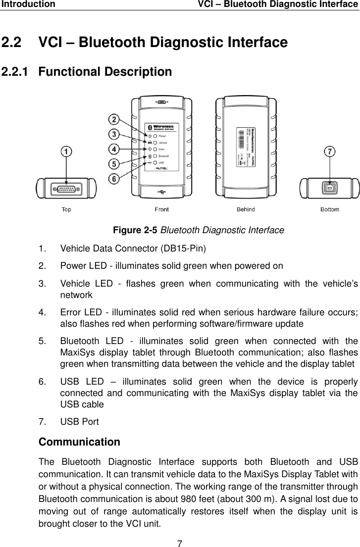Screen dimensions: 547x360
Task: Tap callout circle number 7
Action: pos(329,151)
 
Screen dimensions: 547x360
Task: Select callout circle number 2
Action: pos(114,120)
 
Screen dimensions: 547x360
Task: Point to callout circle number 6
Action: pos(114,179)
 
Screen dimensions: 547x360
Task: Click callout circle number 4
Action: pos(114,149)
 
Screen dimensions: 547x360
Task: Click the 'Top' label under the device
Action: pos(66,209)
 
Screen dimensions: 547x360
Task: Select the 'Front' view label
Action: pos(161,209)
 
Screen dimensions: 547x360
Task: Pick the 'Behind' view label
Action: pos(246,209)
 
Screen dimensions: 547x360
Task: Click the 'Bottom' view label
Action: pos(330,209)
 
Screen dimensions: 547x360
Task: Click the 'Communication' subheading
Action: pos(79,441)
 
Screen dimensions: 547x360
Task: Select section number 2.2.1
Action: pos(17,72)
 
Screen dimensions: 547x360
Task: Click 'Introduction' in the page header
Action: pos(28,4)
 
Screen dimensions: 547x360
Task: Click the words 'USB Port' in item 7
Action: pos(79,422)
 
